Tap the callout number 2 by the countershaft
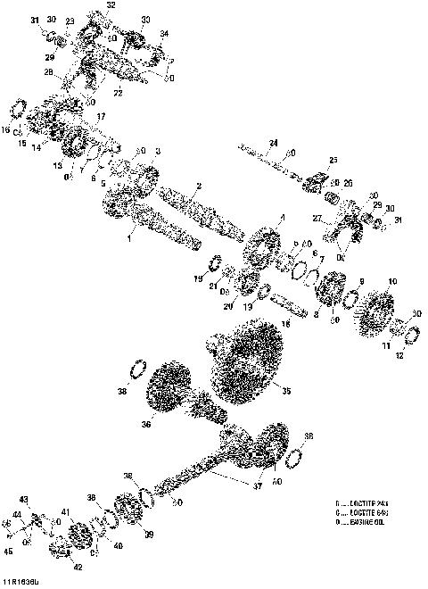(x=198, y=186)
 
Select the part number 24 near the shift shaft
(x=273, y=143)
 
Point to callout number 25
(x=333, y=161)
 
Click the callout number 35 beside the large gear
(x=286, y=389)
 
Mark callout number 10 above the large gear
(x=392, y=281)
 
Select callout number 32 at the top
(x=111, y=5)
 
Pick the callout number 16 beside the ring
(x=6, y=129)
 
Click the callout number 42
(x=78, y=567)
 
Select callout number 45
(x=8, y=552)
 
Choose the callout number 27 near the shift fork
(x=319, y=217)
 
